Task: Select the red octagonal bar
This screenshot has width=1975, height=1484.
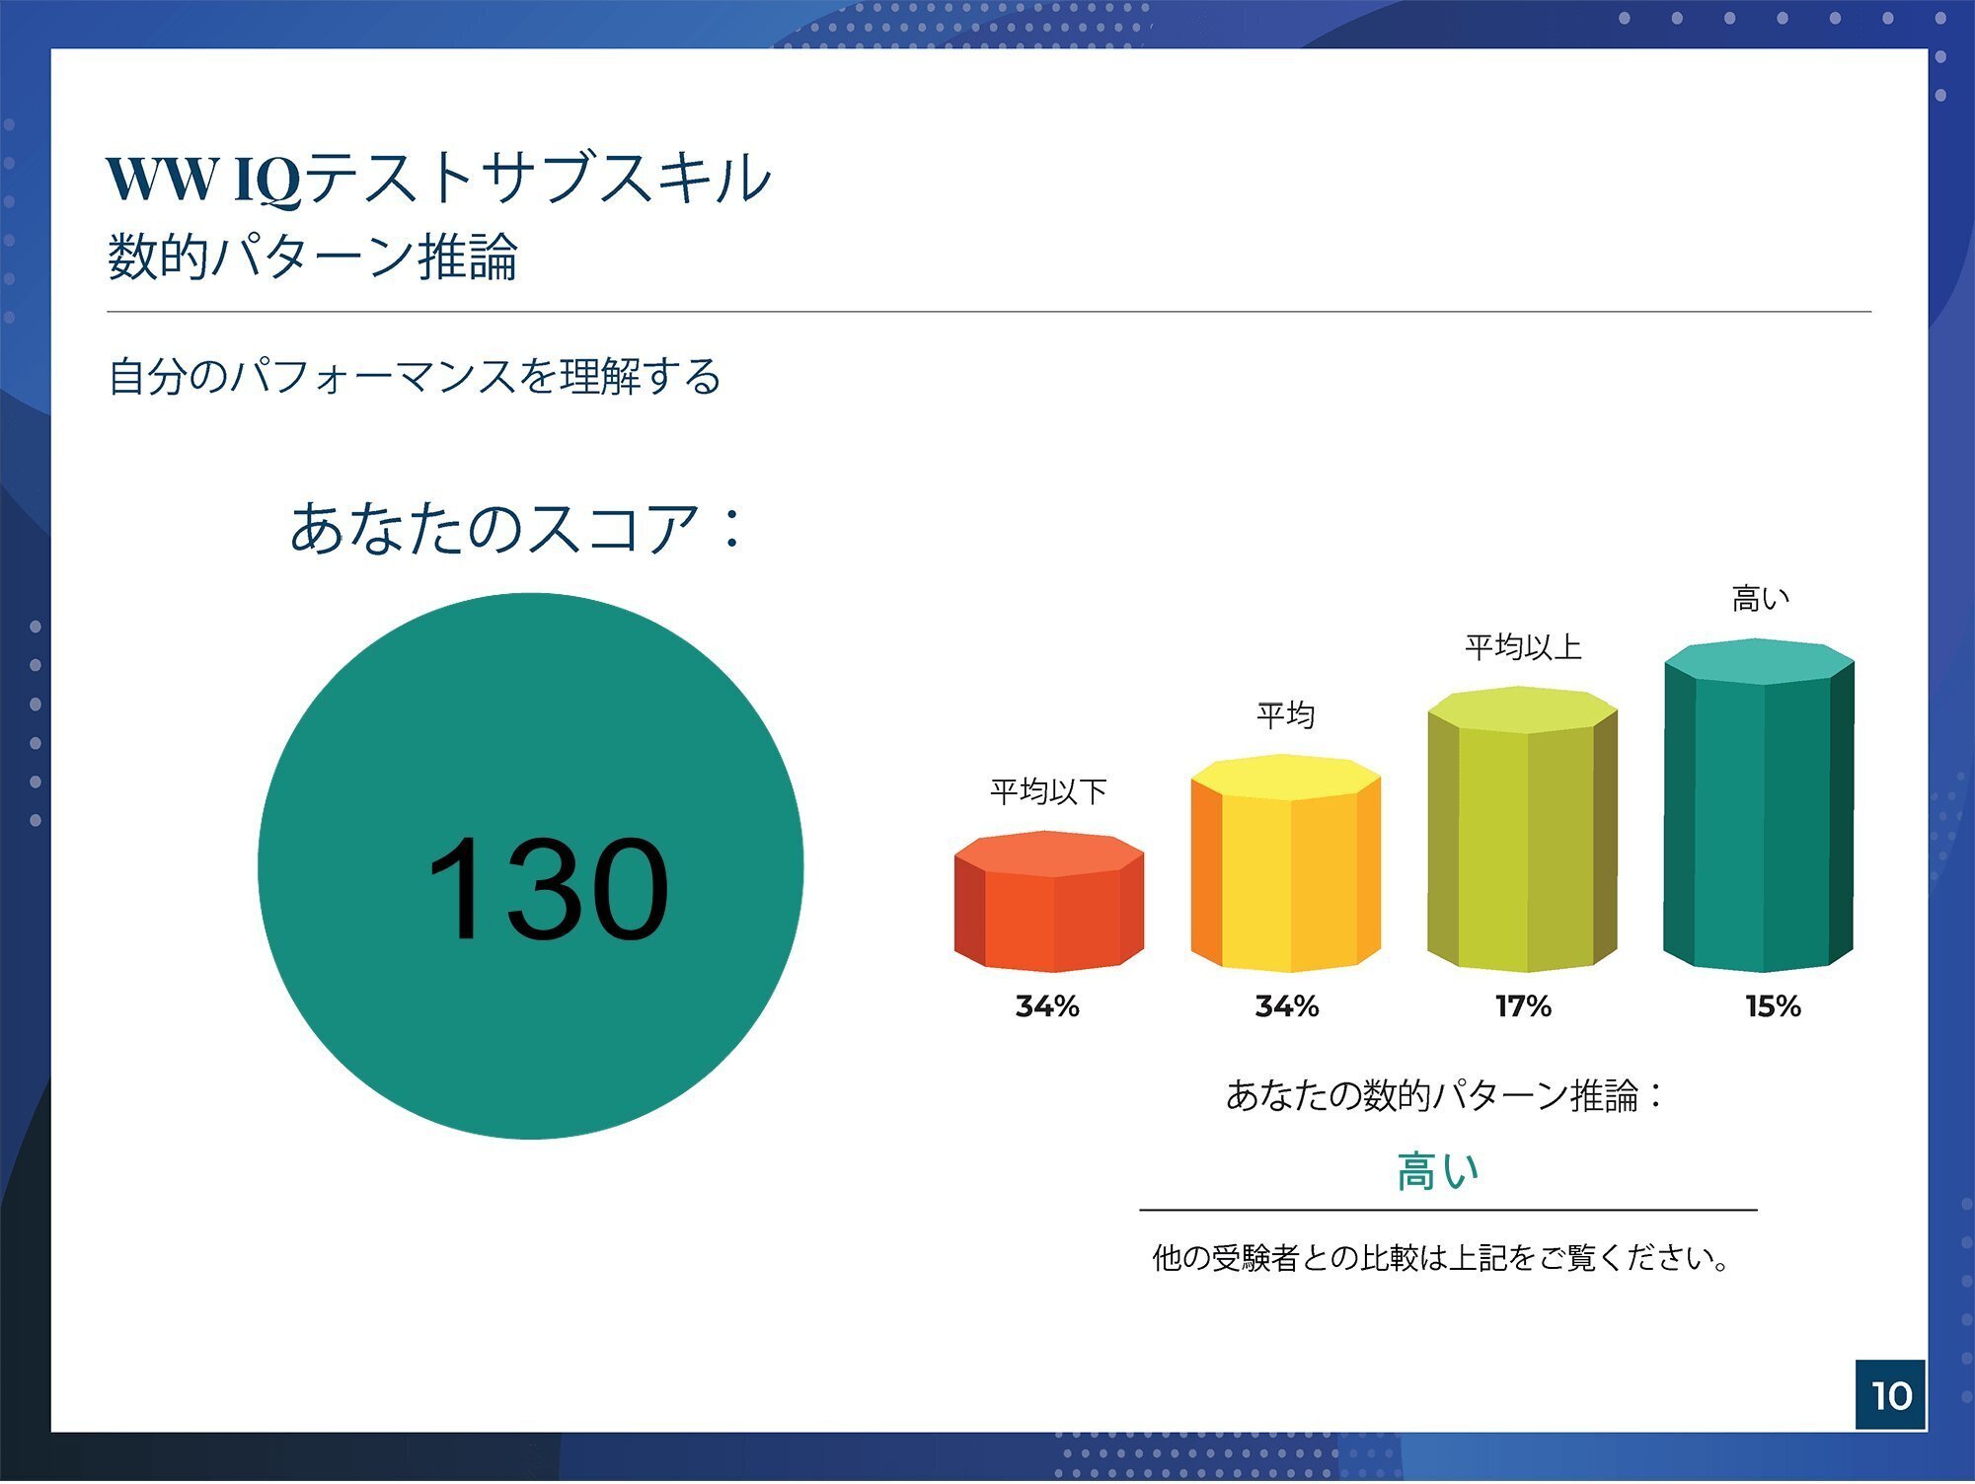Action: (x=1048, y=902)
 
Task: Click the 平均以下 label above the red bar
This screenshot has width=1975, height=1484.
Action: (x=1048, y=791)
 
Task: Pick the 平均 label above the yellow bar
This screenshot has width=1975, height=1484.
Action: (x=1285, y=714)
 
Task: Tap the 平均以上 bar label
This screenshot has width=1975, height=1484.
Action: (x=1522, y=647)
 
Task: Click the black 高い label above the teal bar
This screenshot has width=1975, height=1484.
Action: (x=1760, y=598)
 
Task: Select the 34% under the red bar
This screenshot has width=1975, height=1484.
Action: (x=1047, y=1006)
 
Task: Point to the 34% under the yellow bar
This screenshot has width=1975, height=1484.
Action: (x=1286, y=1006)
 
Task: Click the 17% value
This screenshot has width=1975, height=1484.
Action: (x=1523, y=1006)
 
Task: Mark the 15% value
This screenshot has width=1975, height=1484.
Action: (x=1773, y=1006)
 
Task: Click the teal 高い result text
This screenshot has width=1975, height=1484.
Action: (x=1437, y=1172)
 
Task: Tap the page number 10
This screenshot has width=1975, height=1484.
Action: (x=1890, y=1394)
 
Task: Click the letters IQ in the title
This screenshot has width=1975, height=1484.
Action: (x=266, y=180)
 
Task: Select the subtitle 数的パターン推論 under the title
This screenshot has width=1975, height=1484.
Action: (x=312, y=257)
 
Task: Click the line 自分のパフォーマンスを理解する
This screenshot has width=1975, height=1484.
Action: (x=415, y=376)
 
